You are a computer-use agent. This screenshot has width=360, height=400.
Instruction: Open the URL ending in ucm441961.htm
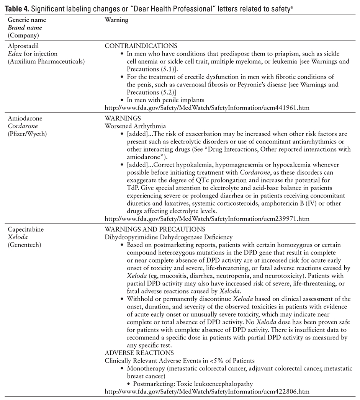tap(207, 108)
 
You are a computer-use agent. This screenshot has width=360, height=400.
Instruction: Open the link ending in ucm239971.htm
tap(207, 219)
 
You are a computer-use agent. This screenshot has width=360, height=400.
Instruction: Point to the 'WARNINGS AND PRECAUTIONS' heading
tap(155, 230)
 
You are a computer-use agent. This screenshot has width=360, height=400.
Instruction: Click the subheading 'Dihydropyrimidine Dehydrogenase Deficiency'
tap(169, 237)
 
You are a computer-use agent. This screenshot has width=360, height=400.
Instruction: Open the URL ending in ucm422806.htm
tap(207, 391)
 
